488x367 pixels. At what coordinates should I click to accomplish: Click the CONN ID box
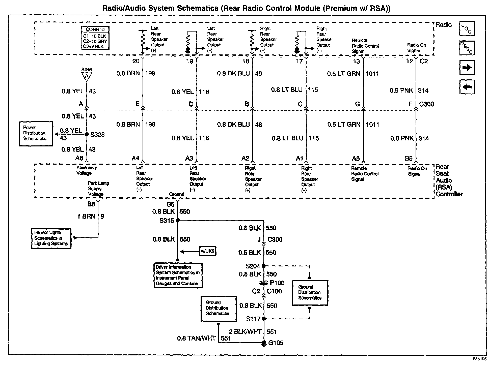click(x=95, y=38)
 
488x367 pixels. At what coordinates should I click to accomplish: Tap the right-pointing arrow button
click(x=467, y=68)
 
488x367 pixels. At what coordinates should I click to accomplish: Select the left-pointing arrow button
click(x=467, y=87)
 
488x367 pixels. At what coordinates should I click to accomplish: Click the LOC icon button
click(x=467, y=28)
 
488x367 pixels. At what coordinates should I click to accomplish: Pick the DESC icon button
click(x=467, y=48)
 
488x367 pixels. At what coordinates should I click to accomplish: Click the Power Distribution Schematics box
click(x=36, y=133)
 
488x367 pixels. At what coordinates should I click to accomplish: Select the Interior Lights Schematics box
click(x=51, y=238)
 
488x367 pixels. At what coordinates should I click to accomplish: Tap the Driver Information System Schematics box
click(x=178, y=275)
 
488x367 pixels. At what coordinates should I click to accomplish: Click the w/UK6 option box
click(x=208, y=251)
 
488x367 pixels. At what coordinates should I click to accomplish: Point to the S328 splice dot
click(x=87, y=134)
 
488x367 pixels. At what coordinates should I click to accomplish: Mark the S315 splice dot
click(x=177, y=221)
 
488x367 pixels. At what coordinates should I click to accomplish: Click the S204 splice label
click(x=253, y=266)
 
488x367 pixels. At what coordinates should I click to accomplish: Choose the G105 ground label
click(x=276, y=343)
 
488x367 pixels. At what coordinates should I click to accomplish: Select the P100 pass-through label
click(x=277, y=283)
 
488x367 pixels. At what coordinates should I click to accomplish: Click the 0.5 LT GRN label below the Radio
click(x=344, y=74)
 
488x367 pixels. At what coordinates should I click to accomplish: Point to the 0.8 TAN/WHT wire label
click(x=196, y=338)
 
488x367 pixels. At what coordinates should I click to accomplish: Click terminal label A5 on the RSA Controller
click(x=356, y=159)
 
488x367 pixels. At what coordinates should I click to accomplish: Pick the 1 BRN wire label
click(x=86, y=216)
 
